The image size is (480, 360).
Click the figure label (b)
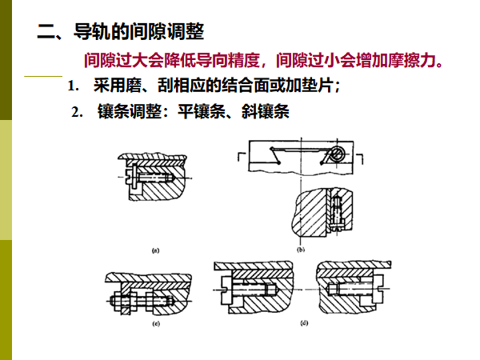click(302, 250)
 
